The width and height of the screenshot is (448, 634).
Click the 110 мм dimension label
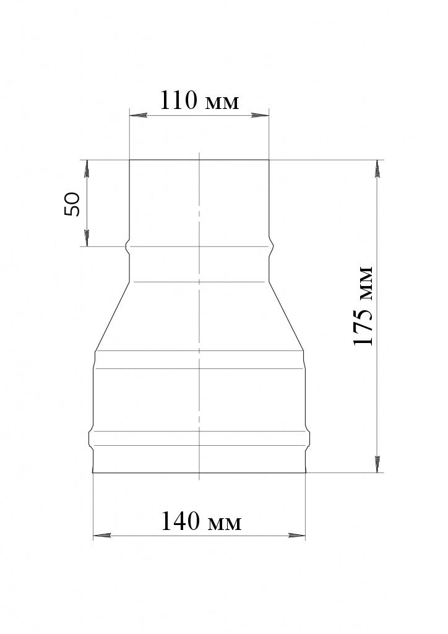pyautogui.click(x=200, y=101)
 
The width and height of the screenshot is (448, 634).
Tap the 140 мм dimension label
pyautogui.click(x=201, y=521)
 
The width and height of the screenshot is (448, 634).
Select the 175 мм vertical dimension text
pyautogui.click(x=363, y=306)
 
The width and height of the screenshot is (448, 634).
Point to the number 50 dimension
pyautogui.click(x=72, y=204)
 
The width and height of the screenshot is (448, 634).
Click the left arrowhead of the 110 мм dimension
pyautogui.click(x=138, y=116)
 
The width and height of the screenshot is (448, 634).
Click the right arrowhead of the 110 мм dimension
pyautogui.click(x=260, y=116)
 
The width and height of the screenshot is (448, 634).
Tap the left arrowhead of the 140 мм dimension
pyautogui.click(x=102, y=536)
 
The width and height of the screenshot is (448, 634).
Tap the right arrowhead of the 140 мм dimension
pyautogui.click(x=297, y=536)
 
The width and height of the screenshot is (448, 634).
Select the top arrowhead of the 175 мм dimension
pyautogui.click(x=377, y=169)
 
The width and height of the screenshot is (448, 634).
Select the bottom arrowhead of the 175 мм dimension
pyautogui.click(x=377, y=464)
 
